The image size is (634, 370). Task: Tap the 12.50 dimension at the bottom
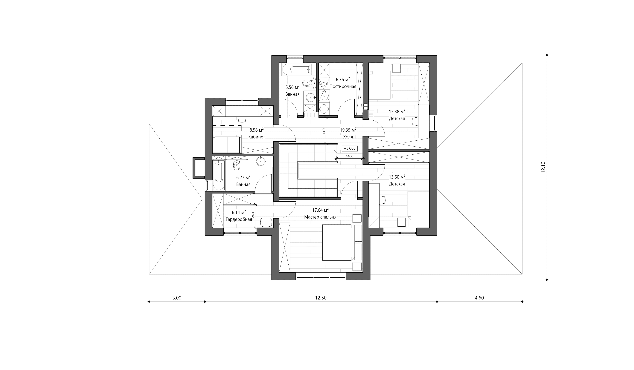click(x=321, y=298)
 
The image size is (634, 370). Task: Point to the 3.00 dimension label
click(x=177, y=298)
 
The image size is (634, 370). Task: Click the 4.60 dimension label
click(x=479, y=298)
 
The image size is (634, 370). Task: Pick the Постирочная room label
click(x=343, y=86)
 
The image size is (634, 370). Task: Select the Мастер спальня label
click(x=320, y=217)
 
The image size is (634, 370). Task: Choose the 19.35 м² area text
click(x=348, y=130)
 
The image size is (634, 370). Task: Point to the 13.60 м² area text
click(x=397, y=177)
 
